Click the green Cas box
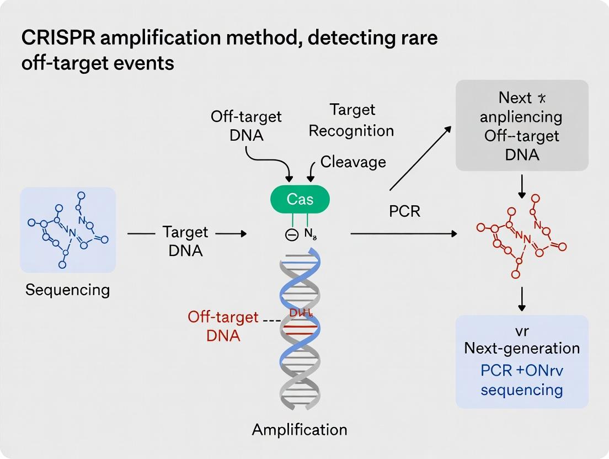click(x=300, y=199)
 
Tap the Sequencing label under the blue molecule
click(x=67, y=290)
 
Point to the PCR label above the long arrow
click(x=405, y=211)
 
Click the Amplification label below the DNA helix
click(x=300, y=429)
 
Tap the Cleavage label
click(x=353, y=162)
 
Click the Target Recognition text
click(x=351, y=120)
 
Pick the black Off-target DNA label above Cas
click(x=246, y=125)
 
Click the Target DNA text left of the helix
click(x=185, y=241)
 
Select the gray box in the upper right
click(x=521, y=125)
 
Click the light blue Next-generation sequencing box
click(x=521, y=361)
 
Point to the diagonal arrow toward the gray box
click(x=420, y=159)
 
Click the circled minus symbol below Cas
click(x=291, y=234)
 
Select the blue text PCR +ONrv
click(x=521, y=369)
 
